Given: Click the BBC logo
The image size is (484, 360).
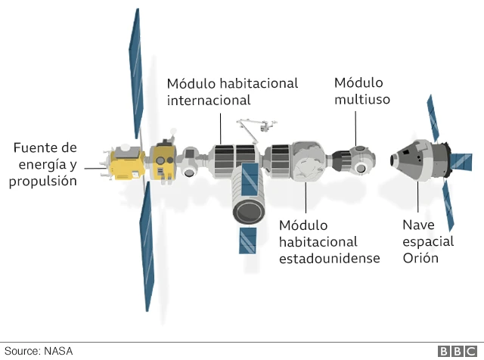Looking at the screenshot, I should click(x=457, y=351).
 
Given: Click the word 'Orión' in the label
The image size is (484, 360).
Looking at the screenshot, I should click(x=420, y=259).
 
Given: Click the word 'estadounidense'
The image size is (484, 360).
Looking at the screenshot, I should click(x=329, y=259).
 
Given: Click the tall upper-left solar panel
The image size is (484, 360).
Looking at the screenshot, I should click(x=135, y=72).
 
